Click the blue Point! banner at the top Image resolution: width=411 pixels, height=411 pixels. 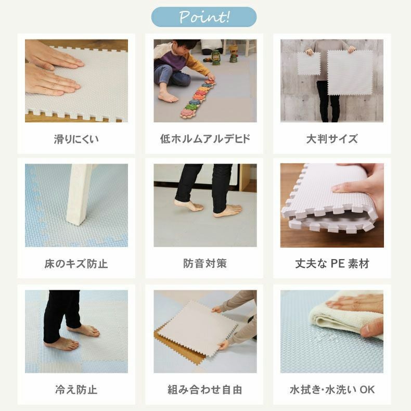203,17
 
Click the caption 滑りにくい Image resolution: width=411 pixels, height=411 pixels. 76,139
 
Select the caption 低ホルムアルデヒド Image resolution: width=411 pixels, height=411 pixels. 205,139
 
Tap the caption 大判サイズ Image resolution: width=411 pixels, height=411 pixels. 332,139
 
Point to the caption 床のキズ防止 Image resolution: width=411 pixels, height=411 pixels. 76,263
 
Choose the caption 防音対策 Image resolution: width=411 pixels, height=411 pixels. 205,263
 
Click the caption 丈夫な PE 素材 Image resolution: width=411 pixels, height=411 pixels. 332,263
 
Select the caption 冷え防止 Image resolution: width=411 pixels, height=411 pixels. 76,390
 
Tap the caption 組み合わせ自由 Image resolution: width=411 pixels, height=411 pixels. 205,390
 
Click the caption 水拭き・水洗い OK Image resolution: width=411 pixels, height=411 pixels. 332,390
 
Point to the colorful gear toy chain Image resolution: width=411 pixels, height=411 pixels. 198,98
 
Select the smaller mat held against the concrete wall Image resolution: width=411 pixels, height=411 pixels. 309,63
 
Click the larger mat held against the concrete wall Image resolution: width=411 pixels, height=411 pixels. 350,73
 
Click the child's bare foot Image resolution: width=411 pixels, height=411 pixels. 168,97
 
